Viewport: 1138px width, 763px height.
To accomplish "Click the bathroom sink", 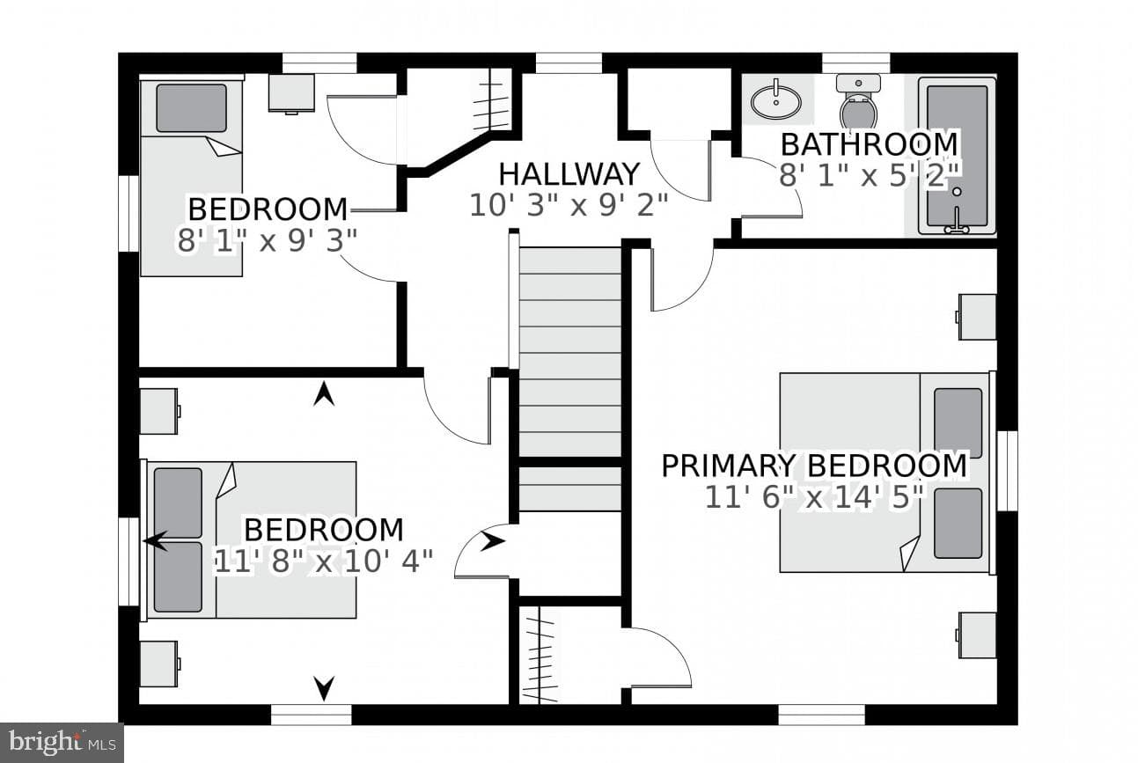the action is point(775,102).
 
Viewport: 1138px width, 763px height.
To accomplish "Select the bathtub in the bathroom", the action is point(958,156).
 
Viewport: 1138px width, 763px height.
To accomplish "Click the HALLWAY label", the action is point(569,174).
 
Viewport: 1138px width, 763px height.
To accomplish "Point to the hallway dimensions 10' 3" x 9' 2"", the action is point(569,206).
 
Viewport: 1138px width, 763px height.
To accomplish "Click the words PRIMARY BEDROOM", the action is point(814,466).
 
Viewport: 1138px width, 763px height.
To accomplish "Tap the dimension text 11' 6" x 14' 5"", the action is point(814,497).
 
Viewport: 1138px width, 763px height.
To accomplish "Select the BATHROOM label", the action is point(870,144).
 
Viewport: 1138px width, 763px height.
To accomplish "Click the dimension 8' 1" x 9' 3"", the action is point(268,240).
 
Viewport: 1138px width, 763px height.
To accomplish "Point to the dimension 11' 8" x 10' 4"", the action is point(324,561).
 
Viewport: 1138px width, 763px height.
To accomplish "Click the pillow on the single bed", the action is point(191,108).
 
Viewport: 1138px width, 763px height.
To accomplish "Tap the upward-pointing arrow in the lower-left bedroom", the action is point(324,395).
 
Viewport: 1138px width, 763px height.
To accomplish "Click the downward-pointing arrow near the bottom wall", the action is point(324,688).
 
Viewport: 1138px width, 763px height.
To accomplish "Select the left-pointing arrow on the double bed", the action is point(156,541).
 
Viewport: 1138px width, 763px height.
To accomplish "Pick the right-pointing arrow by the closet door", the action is point(492,542).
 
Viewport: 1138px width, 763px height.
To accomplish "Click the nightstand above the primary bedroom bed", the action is point(976,317).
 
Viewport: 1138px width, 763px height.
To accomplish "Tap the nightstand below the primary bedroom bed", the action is point(976,635).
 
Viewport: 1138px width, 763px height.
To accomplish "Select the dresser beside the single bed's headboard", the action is point(291,93).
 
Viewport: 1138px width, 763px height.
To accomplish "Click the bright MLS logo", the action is point(62,743).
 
